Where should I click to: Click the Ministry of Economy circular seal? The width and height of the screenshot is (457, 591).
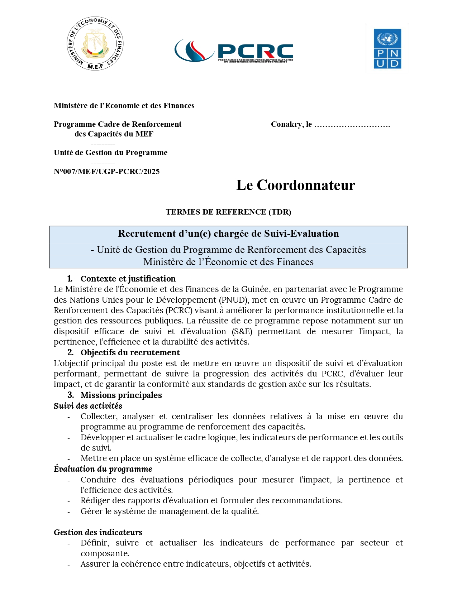(x=95, y=43)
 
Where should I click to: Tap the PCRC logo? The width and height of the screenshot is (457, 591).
(x=234, y=51)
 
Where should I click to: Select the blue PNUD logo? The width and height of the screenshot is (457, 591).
(x=387, y=49)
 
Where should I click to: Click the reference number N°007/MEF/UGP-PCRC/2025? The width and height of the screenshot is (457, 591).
(x=106, y=172)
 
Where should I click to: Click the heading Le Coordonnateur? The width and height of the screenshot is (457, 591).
(x=295, y=185)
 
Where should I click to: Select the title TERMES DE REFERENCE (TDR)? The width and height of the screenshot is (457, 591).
(x=228, y=212)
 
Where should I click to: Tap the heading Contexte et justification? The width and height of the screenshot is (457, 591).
(x=128, y=279)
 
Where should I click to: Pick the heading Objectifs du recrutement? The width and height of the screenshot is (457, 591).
(x=130, y=352)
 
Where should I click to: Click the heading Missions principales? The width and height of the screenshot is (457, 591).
(x=121, y=395)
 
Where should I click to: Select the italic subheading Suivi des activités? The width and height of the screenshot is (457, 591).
(x=88, y=406)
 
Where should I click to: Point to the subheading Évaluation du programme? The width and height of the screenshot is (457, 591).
(x=103, y=469)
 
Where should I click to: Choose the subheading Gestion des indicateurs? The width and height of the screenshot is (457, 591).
(x=98, y=532)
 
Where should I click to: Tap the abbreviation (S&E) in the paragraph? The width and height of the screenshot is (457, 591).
(x=242, y=331)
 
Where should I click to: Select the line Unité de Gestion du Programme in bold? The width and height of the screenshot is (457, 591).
(x=110, y=153)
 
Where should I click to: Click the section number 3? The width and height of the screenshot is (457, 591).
(x=71, y=395)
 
